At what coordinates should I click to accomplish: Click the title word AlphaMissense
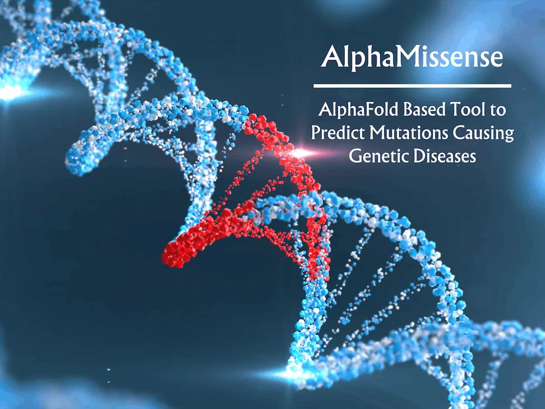click(412, 58)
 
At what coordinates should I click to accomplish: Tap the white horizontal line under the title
click(412, 85)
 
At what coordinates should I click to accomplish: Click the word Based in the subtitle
click(421, 110)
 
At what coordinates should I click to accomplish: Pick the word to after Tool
click(500, 111)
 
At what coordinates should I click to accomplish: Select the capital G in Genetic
click(355, 157)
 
